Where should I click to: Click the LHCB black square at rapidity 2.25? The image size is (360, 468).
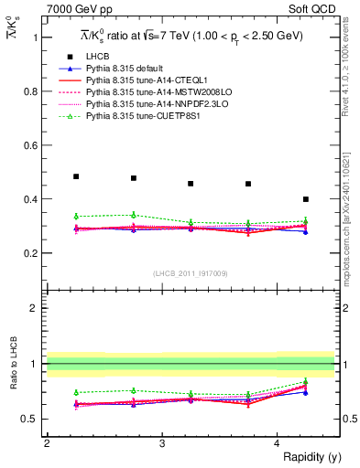76,176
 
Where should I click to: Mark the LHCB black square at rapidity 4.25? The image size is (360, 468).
306,198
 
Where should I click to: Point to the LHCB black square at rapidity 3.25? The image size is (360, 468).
191,184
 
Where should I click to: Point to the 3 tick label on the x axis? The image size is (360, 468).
162,442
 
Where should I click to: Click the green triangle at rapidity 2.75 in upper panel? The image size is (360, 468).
134,214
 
